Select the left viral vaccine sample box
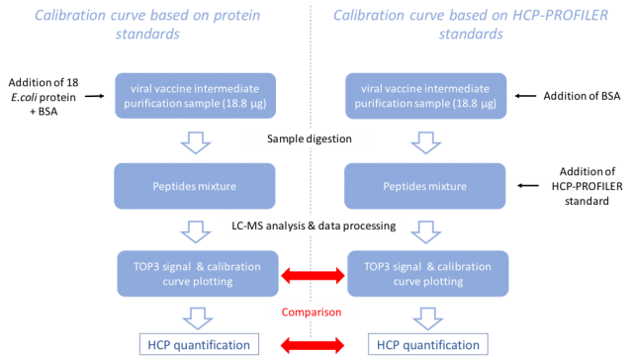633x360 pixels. point(196,96)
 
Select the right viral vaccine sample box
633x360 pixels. point(425,96)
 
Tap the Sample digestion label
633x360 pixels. point(311,138)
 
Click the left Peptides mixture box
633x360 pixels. point(196,185)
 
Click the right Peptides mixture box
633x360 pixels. point(425,185)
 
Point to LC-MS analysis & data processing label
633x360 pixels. point(311,226)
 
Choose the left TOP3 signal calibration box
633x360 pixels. point(196,274)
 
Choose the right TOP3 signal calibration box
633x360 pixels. point(425,274)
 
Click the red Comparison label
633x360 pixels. point(311,313)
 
